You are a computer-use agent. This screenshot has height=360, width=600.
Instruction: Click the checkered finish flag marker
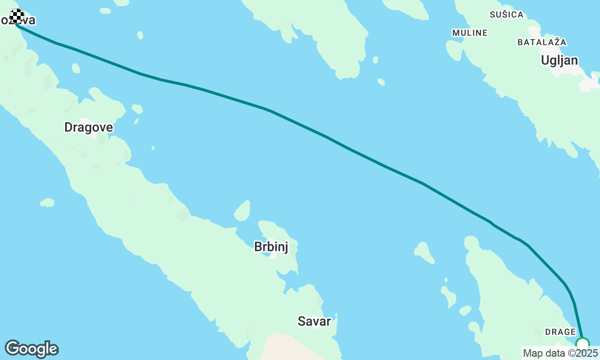tap(17, 16)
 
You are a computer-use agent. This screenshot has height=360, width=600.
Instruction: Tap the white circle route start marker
tap(582, 345)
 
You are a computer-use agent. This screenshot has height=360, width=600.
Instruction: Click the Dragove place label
tap(89, 127)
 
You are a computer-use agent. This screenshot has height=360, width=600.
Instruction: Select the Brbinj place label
tap(271, 247)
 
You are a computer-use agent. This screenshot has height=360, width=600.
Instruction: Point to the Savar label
tap(314, 321)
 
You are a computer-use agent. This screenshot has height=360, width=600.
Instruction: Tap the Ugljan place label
tap(559, 60)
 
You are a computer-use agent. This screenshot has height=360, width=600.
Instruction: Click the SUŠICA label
tap(506, 15)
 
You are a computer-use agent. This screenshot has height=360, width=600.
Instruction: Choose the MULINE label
tap(470, 33)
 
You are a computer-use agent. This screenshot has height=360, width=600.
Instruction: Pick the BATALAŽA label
tap(542, 42)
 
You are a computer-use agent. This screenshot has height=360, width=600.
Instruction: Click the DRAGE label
tap(560, 332)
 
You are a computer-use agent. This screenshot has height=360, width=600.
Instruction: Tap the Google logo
tap(31, 349)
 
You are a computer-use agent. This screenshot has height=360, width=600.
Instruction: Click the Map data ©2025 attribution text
tap(561, 353)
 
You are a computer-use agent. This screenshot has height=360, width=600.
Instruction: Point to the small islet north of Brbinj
tap(242, 211)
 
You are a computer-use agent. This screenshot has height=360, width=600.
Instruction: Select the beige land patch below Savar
tap(286, 347)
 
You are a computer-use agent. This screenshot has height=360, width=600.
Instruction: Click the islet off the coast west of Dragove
tap(47, 202)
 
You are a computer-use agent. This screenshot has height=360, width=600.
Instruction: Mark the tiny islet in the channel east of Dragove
tap(153, 148)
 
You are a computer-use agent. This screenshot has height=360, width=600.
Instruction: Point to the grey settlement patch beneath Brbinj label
tap(271, 255)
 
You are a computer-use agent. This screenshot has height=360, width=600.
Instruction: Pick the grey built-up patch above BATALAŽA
tap(534, 32)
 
